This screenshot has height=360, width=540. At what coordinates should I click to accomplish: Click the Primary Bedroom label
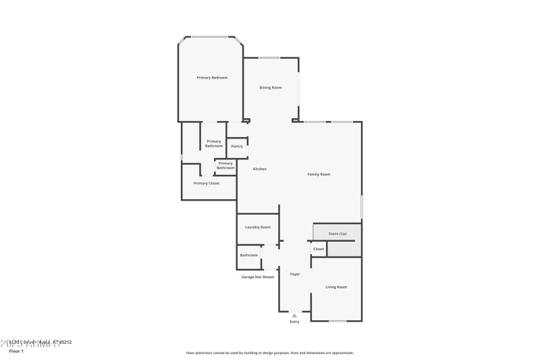(212, 78)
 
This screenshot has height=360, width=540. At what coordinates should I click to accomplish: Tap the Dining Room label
(271, 88)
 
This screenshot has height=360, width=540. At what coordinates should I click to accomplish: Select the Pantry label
(237, 146)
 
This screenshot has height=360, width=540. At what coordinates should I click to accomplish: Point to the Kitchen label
(260, 169)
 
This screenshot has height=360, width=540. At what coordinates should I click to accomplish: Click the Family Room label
(319, 174)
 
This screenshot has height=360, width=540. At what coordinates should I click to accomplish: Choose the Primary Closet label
(207, 183)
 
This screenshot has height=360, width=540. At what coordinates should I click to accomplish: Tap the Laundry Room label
(258, 227)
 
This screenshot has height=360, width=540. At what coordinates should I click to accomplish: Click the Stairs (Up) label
(337, 233)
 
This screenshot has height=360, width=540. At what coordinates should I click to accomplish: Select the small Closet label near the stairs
(319, 249)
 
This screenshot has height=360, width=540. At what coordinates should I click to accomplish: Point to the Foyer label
(295, 274)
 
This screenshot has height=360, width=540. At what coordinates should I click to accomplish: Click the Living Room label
(336, 287)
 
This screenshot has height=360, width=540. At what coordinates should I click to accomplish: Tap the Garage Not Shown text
(258, 277)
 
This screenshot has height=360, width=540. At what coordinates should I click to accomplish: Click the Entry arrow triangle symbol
(294, 315)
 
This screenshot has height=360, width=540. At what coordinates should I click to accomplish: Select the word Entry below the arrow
(294, 322)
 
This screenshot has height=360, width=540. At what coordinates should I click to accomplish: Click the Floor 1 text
(16, 351)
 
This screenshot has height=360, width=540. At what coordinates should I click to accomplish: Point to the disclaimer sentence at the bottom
(269, 353)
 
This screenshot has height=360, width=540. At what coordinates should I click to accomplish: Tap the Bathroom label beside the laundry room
(249, 255)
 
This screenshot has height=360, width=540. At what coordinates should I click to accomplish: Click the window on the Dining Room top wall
(270, 57)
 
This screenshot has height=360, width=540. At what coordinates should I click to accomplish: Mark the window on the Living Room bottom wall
(337, 320)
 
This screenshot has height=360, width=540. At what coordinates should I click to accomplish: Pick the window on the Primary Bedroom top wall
(210, 36)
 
